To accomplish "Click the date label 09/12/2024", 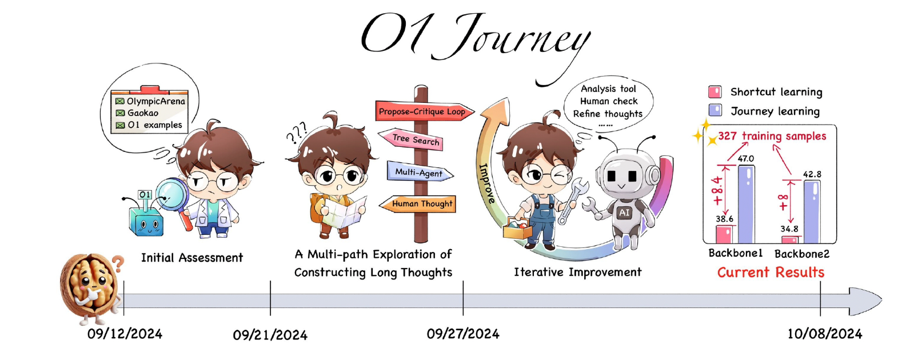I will pyautogui.click(x=125, y=334).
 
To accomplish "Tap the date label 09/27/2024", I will pyautogui.click(x=463, y=334).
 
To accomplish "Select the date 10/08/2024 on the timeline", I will pyautogui.click(x=824, y=334).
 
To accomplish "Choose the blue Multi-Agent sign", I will pyautogui.click(x=418, y=172).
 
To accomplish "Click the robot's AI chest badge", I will pyautogui.click(x=624, y=213).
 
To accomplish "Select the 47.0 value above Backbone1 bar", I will pyautogui.click(x=745, y=158).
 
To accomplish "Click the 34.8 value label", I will pyautogui.click(x=789, y=229).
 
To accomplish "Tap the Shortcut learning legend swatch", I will pyautogui.click(x=715, y=92).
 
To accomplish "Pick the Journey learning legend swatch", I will pyautogui.click(x=715, y=110).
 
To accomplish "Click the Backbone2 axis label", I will pyautogui.click(x=801, y=254).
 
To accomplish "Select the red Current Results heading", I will pyautogui.click(x=771, y=273).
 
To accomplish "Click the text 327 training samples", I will pyautogui.click(x=772, y=136).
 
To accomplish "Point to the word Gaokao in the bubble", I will pyautogui.click(x=142, y=113).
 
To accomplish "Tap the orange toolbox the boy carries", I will pyautogui.click(x=517, y=230).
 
